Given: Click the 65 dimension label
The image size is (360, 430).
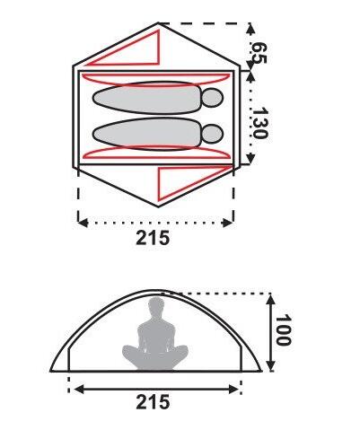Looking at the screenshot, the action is point(259,53).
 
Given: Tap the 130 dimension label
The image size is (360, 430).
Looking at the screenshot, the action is point(259,123).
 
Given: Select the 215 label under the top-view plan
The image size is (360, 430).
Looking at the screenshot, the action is point(153,238).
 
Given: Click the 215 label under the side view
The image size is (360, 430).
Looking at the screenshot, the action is point(153,401).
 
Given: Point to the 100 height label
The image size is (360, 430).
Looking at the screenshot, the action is point(283,329).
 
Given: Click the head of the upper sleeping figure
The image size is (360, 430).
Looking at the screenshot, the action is point(213,98).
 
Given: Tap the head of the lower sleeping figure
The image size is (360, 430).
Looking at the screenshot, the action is point(213,134).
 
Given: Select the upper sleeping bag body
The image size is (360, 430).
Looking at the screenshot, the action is point(146,98).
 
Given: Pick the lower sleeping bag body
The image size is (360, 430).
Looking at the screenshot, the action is point(146,134).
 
